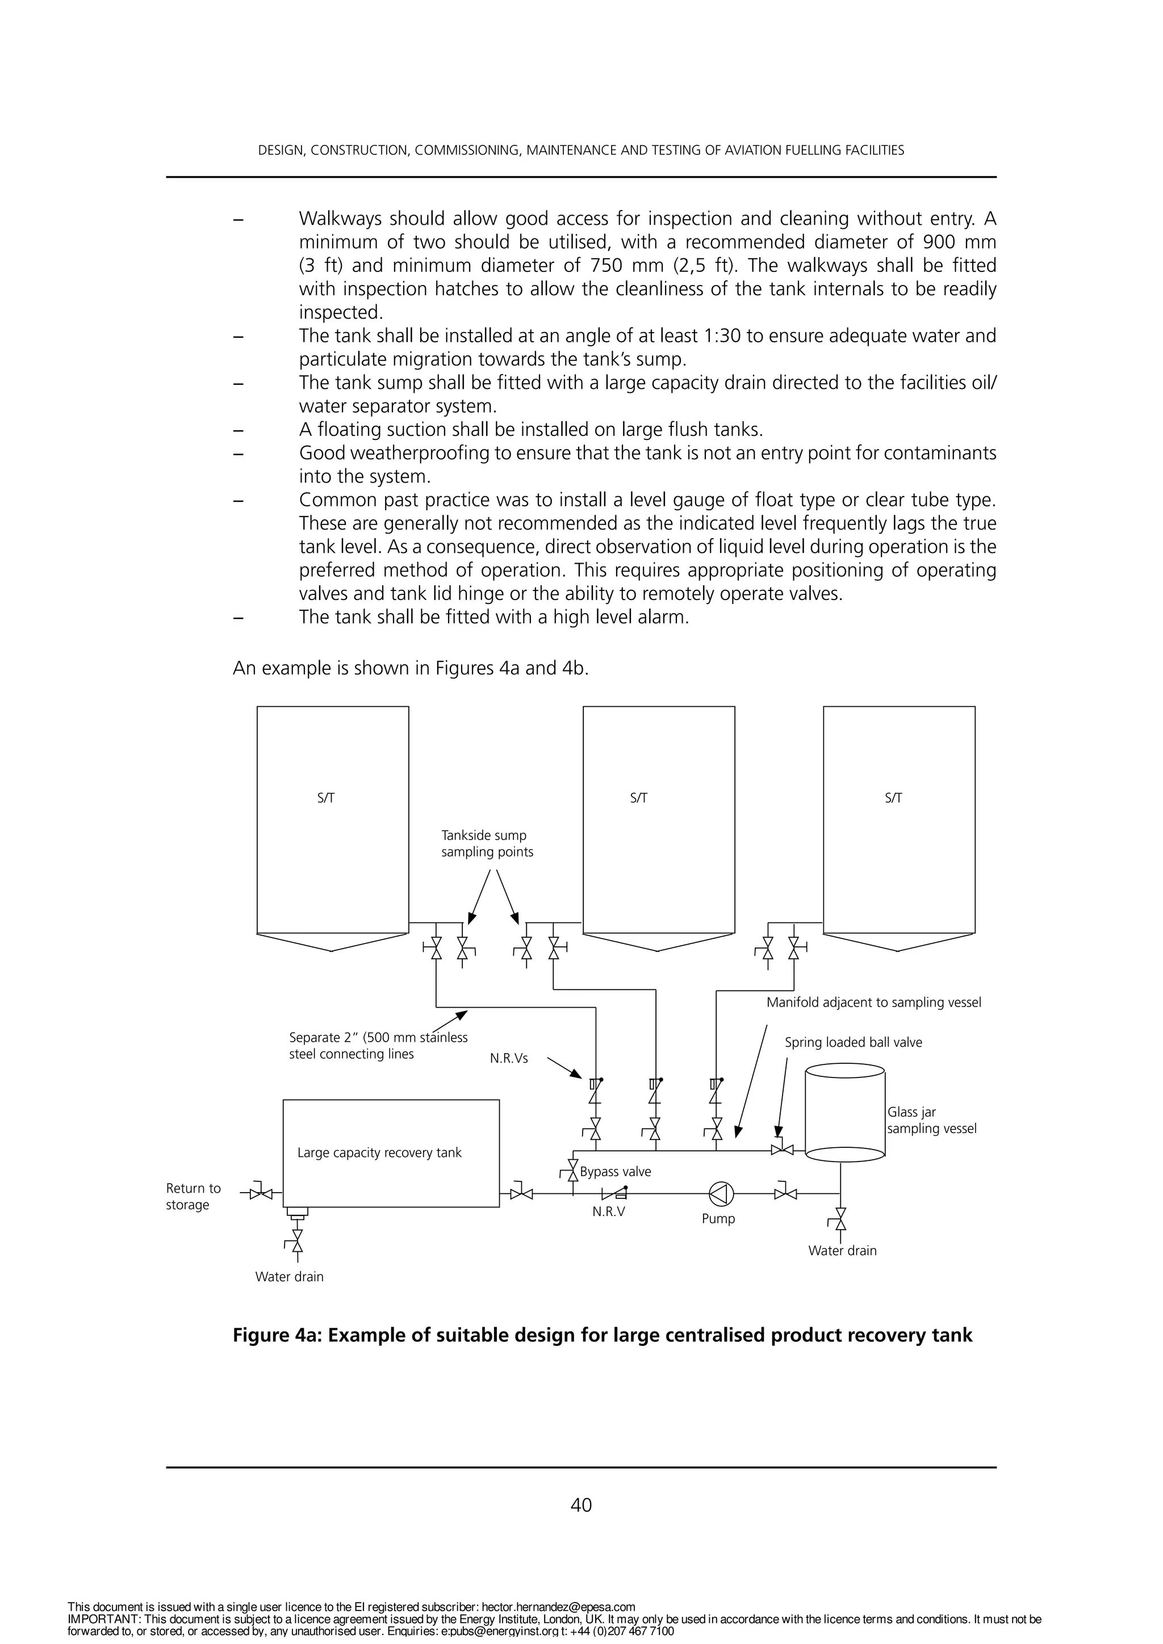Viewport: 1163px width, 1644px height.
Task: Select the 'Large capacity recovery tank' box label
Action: coord(379,1152)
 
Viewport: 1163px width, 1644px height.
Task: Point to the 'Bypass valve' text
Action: coord(615,1172)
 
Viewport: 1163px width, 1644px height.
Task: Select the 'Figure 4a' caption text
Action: coord(601,1335)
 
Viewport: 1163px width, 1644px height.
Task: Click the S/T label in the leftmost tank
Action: coord(326,798)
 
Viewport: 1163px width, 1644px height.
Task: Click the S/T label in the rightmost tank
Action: coord(893,798)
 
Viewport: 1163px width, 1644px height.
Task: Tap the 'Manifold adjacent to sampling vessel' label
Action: coord(873,1002)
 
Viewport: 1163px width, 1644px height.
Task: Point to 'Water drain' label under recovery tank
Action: coord(289,1276)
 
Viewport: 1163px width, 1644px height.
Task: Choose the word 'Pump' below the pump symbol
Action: coord(718,1218)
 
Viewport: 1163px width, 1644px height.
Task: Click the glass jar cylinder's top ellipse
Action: coord(845,1071)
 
